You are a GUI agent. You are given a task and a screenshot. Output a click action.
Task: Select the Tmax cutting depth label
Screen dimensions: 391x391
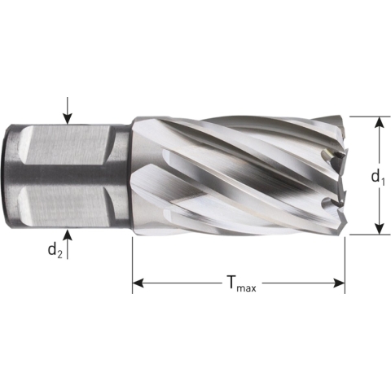click(x=239, y=284)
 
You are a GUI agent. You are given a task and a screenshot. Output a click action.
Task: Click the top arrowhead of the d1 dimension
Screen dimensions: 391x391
click(x=379, y=122)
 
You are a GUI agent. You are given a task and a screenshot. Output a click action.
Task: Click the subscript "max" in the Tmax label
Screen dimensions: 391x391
click(x=247, y=288)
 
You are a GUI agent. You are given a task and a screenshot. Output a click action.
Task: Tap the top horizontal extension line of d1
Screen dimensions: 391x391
click(x=367, y=116)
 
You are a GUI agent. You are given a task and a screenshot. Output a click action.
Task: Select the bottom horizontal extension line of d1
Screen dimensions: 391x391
click(x=367, y=235)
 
